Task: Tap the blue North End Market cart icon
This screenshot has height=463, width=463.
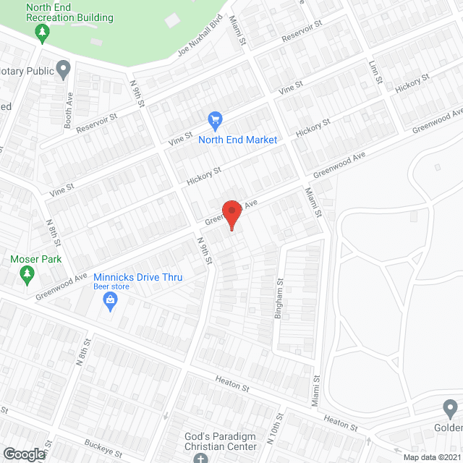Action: [x=214, y=119]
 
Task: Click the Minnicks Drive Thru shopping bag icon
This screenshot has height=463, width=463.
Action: [x=110, y=301]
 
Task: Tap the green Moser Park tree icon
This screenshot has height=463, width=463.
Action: [x=27, y=273]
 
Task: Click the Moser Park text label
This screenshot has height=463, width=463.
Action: [x=36, y=259]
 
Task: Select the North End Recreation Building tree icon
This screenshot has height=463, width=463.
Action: [x=43, y=33]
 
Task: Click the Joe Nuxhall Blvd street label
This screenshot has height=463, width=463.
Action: [x=199, y=40]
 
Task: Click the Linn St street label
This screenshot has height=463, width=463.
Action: [x=374, y=72]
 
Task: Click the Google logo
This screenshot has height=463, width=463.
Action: [x=23, y=454]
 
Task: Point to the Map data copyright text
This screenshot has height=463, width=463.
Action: [x=431, y=456]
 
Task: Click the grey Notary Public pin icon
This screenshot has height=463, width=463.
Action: [x=63, y=70]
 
